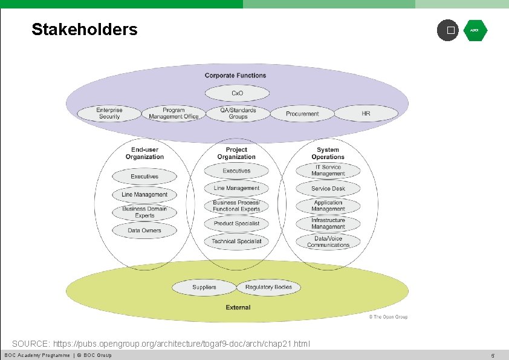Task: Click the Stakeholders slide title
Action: pyautogui.click(x=85, y=29)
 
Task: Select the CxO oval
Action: pyautogui.click(x=237, y=93)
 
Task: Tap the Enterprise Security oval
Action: pyautogui.click(x=109, y=113)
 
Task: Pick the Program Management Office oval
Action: pyautogui.click(x=173, y=113)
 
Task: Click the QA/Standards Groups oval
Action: pyautogui.click(x=238, y=113)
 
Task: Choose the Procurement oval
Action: pyautogui.click(x=302, y=114)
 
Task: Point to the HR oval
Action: pyautogui.click(x=366, y=113)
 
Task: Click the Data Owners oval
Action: pyautogui.click(x=144, y=231)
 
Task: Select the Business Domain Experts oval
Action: pyautogui.click(x=144, y=212)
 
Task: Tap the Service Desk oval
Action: pyautogui.click(x=328, y=189)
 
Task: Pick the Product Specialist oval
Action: pyautogui.click(x=236, y=224)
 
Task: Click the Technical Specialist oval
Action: pyautogui.click(x=236, y=241)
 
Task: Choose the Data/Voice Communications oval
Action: pyautogui.click(x=328, y=242)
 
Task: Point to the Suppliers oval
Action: pyautogui.click(x=204, y=287)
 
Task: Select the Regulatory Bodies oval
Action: pyautogui.click(x=268, y=287)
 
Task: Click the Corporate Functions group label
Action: pyautogui.click(x=235, y=76)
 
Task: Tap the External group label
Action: pyautogui.click(x=238, y=307)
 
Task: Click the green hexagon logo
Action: pyautogui.click(x=475, y=30)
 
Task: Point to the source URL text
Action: pyautogui.click(x=161, y=344)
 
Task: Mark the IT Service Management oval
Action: pyautogui.click(x=328, y=171)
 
